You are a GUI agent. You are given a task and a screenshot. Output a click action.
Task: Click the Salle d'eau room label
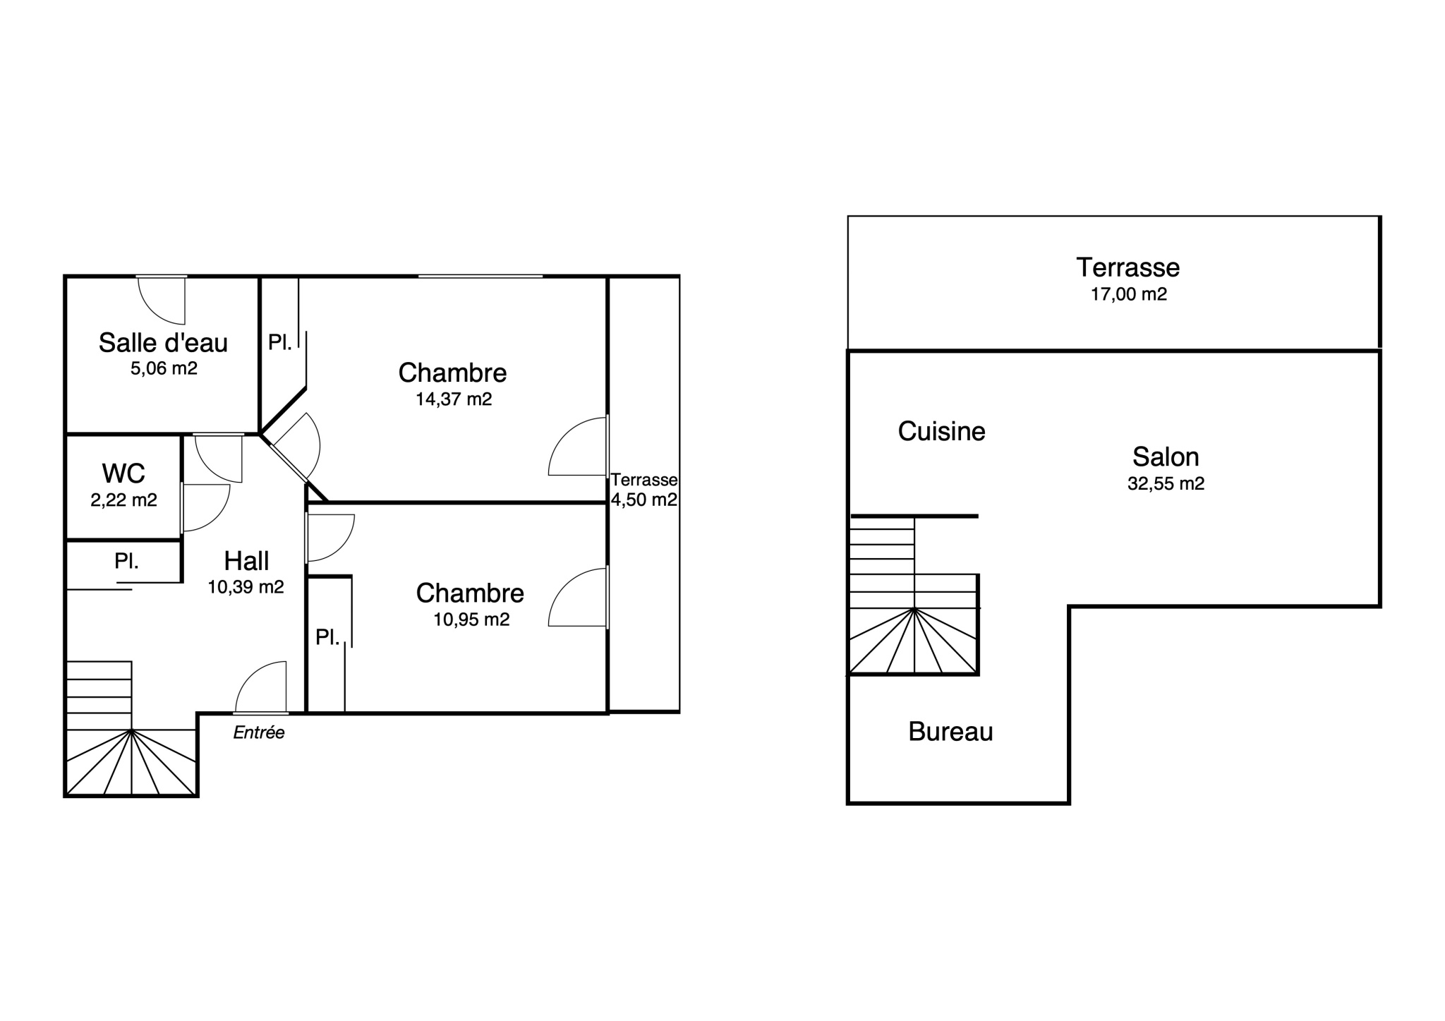point(163,343)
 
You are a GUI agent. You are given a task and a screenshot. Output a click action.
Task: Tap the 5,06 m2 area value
point(164,368)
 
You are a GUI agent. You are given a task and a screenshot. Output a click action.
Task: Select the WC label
point(123,473)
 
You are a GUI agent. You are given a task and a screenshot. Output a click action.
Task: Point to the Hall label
point(246,561)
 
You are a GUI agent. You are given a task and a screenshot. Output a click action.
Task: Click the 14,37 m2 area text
point(454,399)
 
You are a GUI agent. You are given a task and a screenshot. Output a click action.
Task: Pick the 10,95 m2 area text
point(471,620)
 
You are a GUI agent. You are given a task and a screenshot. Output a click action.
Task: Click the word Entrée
point(259,732)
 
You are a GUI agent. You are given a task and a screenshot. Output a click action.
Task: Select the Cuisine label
point(941,431)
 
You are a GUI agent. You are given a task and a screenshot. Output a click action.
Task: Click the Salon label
point(1166,457)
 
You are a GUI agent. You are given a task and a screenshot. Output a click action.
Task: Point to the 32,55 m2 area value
point(1166,484)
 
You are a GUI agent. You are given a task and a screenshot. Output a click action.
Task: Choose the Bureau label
point(950,732)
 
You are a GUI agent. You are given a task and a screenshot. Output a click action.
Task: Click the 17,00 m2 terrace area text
point(1129,294)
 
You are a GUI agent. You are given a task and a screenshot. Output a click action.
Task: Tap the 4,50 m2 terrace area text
point(644,500)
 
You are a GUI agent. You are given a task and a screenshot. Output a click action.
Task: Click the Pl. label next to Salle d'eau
point(279,343)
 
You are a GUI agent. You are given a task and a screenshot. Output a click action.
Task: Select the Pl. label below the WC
point(126,562)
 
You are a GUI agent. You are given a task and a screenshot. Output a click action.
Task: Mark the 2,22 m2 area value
point(123,500)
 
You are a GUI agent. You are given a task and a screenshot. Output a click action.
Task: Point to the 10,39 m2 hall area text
point(246,587)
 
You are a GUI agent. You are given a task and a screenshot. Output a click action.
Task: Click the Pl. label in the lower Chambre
point(327,638)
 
